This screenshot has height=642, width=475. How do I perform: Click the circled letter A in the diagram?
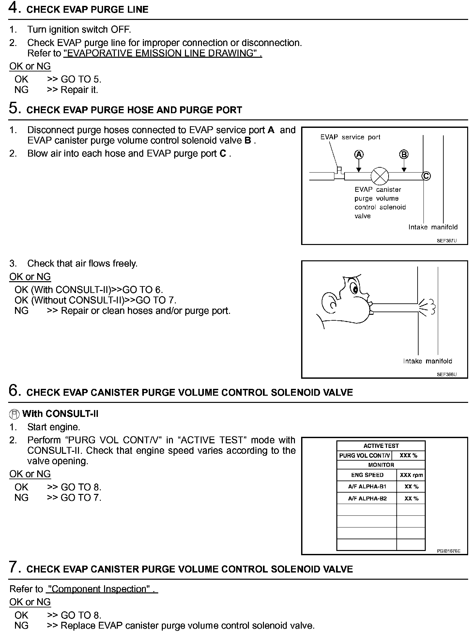(x=359, y=154)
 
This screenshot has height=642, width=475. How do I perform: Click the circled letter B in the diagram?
(x=404, y=154)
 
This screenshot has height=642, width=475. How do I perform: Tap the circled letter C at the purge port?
(x=426, y=176)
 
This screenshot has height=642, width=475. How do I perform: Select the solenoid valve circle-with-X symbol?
(x=380, y=176)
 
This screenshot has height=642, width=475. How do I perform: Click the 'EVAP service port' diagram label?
(x=350, y=137)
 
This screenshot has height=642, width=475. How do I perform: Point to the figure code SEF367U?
(x=447, y=241)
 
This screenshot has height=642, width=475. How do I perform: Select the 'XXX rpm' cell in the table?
(x=411, y=475)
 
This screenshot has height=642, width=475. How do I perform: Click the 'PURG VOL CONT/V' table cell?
(x=364, y=455)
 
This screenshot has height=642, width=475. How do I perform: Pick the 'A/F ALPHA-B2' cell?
(x=367, y=498)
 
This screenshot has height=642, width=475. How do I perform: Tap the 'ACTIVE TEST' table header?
(x=381, y=446)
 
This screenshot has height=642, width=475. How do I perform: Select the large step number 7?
(x=14, y=567)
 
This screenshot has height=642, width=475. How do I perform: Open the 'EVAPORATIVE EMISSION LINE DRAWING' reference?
(x=162, y=53)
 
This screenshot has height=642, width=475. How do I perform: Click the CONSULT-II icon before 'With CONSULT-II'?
(x=14, y=414)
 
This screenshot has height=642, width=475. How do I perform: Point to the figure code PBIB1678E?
(x=449, y=551)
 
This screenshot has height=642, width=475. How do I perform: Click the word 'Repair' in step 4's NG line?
(x=72, y=90)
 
